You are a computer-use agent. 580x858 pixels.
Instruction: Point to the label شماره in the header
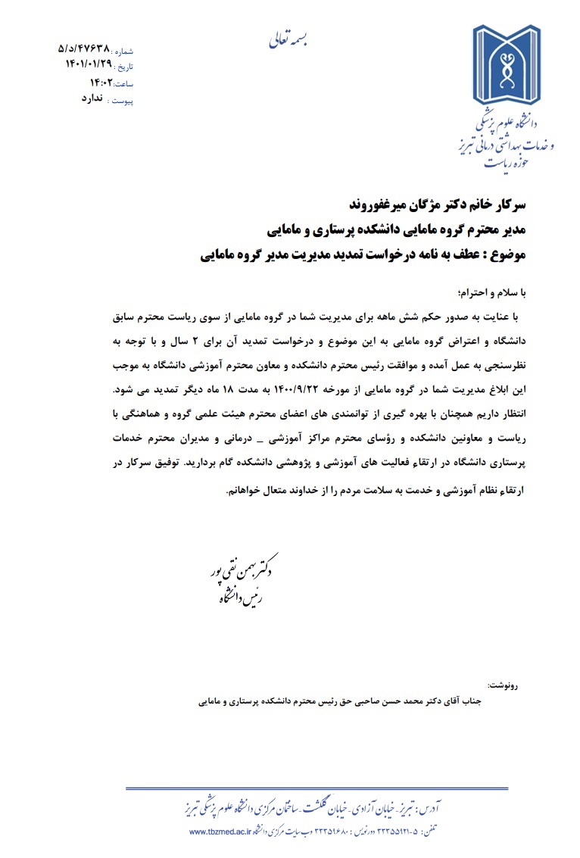pyautogui.click(x=123, y=50)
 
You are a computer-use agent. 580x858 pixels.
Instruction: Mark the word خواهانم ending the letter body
pyautogui.click(x=250, y=489)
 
